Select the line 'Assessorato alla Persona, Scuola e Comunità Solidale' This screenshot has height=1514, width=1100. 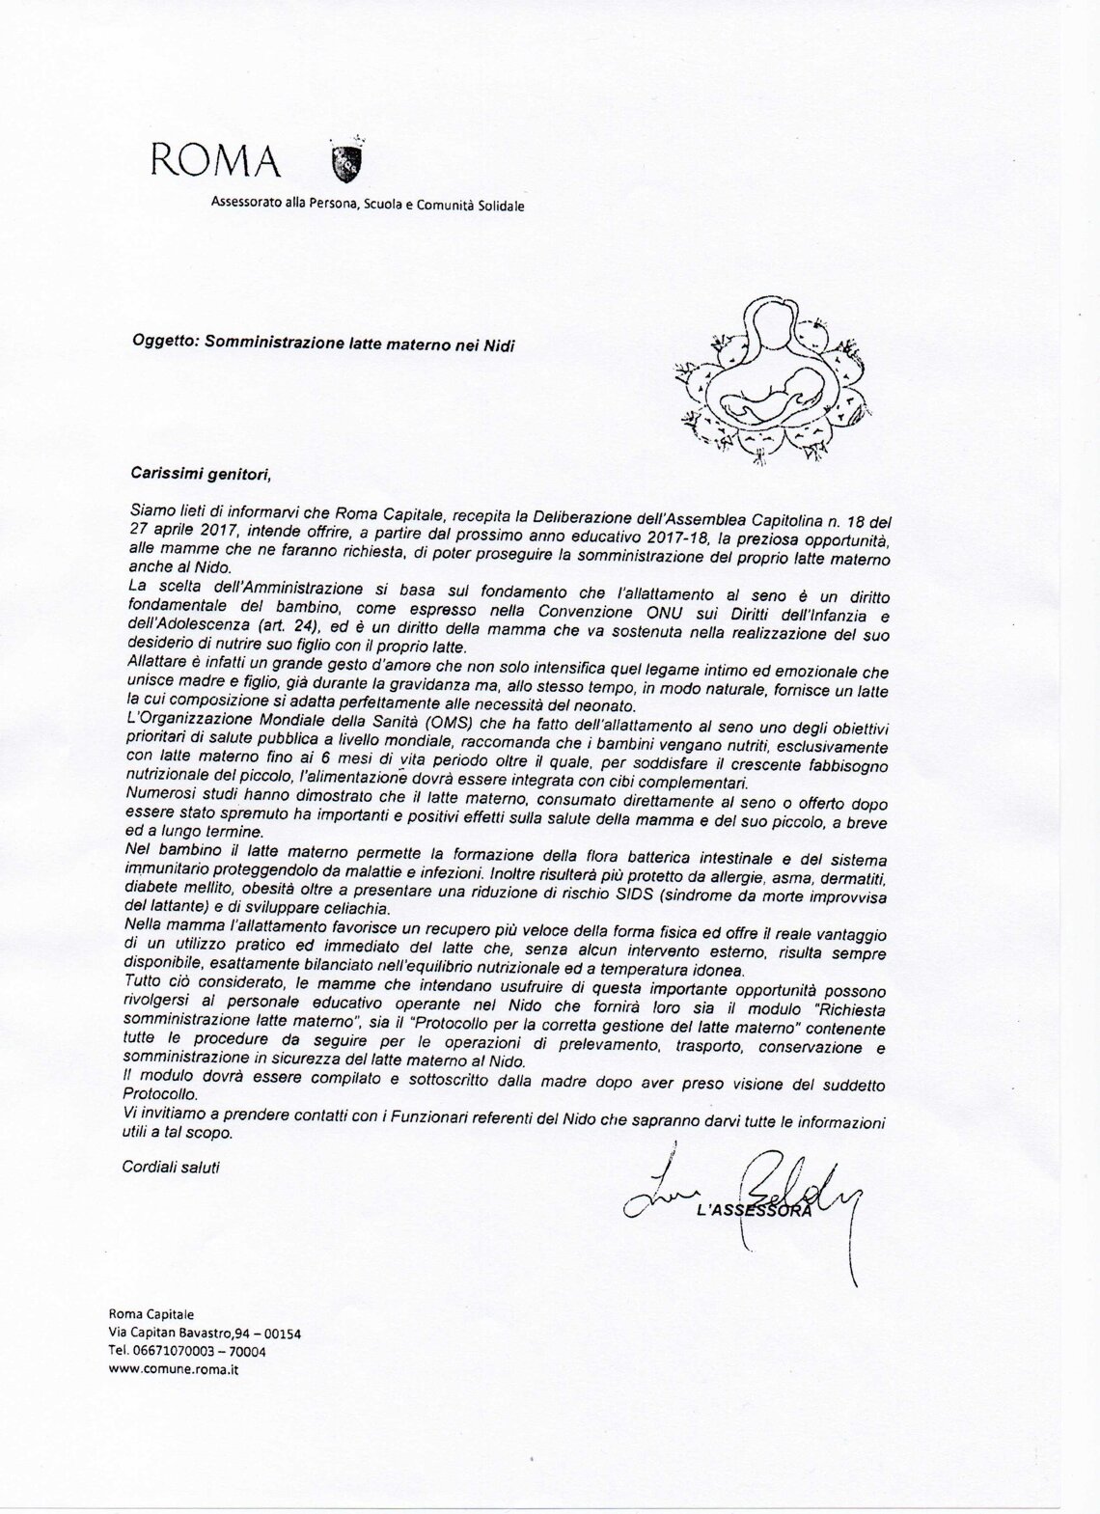(x=369, y=205)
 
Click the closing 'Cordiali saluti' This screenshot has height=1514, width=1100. (x=171, y=1167)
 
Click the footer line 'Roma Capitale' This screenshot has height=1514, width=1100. (x=151, y=1314)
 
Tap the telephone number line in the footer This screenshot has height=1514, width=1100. (x=187, y=1351)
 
